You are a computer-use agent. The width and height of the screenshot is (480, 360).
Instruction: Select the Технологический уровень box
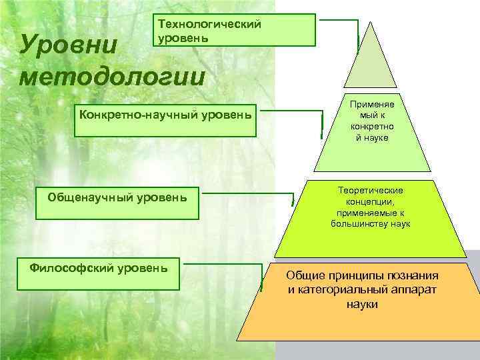pos(235,30)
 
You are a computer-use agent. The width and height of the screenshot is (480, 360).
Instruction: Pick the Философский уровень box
pos(99,273)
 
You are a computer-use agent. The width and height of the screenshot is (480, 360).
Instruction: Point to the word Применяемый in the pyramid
pos(372,110)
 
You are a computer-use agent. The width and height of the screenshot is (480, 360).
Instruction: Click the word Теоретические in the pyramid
pos(370,191)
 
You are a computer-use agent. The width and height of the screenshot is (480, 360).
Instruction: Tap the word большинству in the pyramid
pos(359,224)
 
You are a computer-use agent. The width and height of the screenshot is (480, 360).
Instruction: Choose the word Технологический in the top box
pos(209,25)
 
